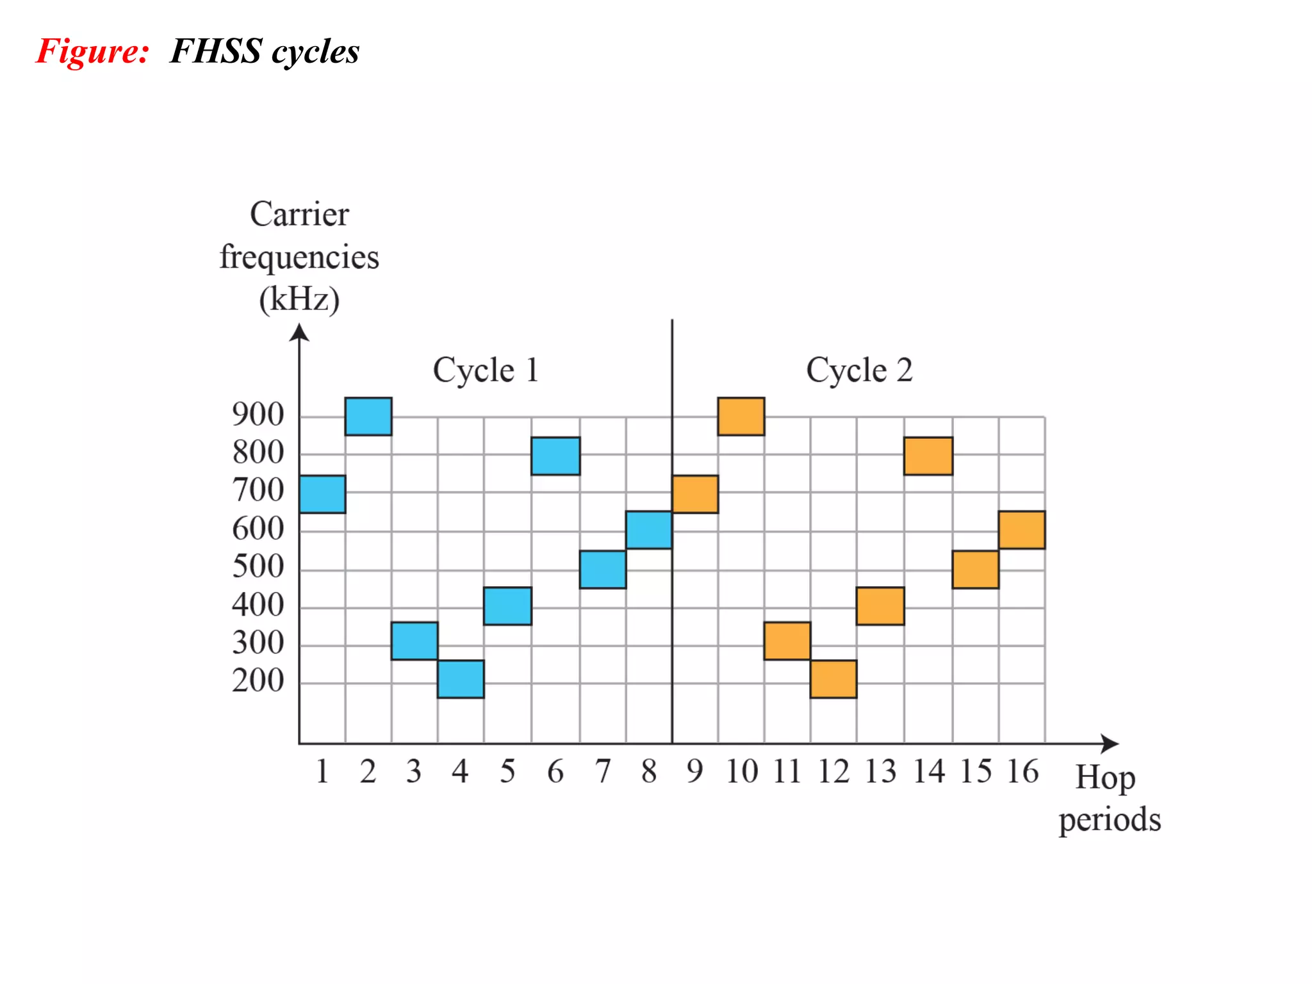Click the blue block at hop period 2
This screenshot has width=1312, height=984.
point(368,416)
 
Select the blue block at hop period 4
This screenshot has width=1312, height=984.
point(461,678)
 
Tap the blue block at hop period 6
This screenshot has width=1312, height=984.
point(555,455)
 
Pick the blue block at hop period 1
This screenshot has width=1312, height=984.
point(322,494)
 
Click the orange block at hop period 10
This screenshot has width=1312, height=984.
point(741,416)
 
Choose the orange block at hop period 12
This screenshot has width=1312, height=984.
point(833,678)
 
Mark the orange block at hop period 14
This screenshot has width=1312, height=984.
point(928,455)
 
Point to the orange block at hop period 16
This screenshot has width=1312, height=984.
point(1021,530)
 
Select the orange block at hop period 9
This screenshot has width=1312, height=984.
point(695,494)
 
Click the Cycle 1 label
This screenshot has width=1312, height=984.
point(486,370)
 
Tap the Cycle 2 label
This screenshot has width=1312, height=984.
point(859,370)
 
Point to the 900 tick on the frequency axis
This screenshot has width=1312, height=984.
point(258,414)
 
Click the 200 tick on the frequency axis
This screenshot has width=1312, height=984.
point(258,680)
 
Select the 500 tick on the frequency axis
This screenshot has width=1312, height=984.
point(258,566)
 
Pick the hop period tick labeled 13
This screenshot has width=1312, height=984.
point(880,771)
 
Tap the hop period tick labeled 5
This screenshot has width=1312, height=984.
point(507,771)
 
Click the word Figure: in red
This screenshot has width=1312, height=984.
point(93,51)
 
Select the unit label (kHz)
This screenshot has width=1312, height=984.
point(299,299)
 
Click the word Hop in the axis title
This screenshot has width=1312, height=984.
point(1105,778)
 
